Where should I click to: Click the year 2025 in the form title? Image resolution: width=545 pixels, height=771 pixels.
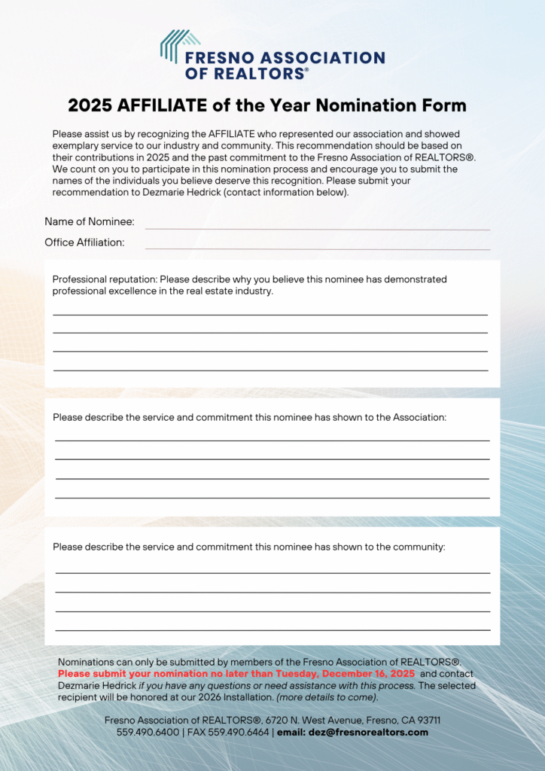[91, 105]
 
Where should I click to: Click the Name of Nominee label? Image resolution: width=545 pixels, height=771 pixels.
[90, 221]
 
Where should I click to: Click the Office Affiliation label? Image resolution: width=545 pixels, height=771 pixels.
[84, 242]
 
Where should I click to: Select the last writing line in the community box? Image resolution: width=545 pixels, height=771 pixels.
[272, 629]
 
